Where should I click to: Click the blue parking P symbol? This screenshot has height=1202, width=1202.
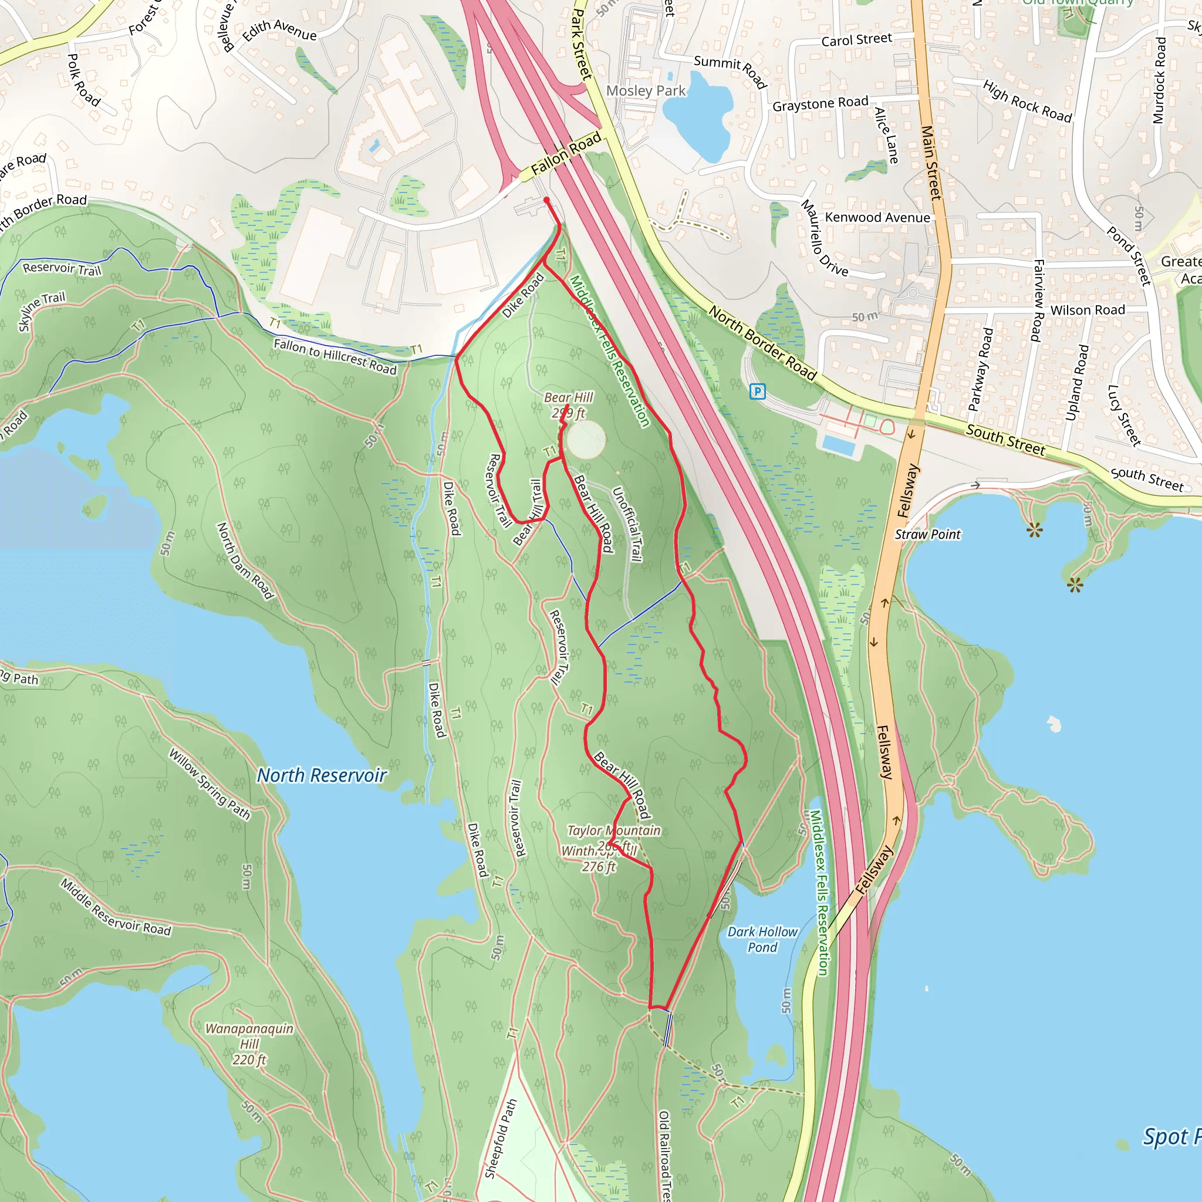757,391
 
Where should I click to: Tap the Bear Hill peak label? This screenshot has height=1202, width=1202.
568,404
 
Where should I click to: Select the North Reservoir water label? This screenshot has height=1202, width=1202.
322,775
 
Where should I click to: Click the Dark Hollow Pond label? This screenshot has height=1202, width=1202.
762,940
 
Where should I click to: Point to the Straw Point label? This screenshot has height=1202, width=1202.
927,535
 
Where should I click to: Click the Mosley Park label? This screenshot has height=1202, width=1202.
645,91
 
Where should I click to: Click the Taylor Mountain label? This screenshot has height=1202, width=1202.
613,830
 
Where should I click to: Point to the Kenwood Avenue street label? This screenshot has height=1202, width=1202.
877,218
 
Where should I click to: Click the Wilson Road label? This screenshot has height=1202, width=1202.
1087,310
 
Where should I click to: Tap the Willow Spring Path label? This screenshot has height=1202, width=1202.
210,784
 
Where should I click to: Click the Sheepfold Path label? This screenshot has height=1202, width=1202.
501,1139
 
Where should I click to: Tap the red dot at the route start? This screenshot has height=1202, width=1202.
546,200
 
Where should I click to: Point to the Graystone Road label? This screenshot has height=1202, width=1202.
820,104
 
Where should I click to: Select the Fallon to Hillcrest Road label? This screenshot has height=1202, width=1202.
335,356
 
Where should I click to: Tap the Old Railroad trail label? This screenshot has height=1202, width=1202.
664,1156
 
